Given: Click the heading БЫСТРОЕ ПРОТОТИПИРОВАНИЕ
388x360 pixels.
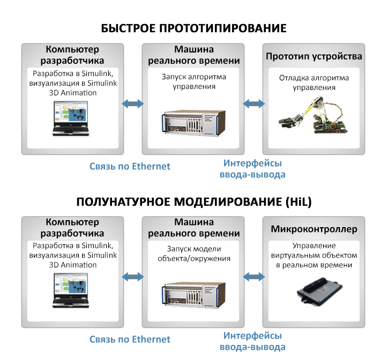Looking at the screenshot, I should point(193,28).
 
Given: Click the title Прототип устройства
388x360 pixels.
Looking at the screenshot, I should point(314,56).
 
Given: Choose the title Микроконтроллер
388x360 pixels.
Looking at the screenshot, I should point(314,229).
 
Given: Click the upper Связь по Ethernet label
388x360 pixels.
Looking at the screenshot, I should point(130,166).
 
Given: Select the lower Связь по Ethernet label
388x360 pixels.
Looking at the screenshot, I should point(130,339).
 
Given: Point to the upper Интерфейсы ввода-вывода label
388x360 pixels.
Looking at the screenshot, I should point(252,169).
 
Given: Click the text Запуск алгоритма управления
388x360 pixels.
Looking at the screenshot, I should point(194,81).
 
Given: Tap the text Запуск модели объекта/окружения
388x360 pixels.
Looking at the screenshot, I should point(194,254).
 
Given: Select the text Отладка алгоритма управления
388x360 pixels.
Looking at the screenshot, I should point(314,82).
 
